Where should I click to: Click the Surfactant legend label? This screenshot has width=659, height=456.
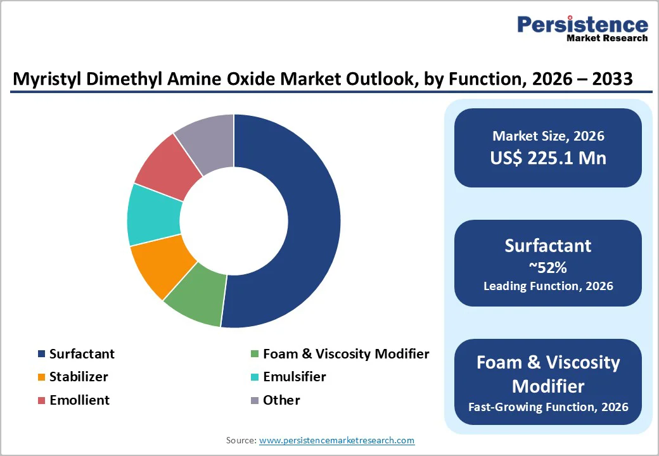[x=82, y=354]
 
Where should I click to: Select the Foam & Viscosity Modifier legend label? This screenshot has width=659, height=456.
[x=345, y=354]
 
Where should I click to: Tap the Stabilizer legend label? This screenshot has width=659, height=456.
[x=79, y=377]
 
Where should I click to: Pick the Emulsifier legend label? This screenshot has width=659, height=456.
[x=294, y=377]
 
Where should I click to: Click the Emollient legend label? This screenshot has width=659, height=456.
[x=79, y=400]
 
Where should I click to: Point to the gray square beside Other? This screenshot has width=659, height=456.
[x=255, y=400]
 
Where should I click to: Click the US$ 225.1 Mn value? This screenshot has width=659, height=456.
[x=548, y=158]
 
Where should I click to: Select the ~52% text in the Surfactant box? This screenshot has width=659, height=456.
[x=548, y=267]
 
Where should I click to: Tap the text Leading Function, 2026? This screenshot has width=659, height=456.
[x=548, y=286]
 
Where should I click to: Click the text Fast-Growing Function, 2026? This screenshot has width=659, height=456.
[x=548, y=407]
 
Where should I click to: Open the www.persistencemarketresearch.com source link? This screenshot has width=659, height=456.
[x=336, y=440]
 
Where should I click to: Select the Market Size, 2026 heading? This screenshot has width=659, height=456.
[x=548, y=136]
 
